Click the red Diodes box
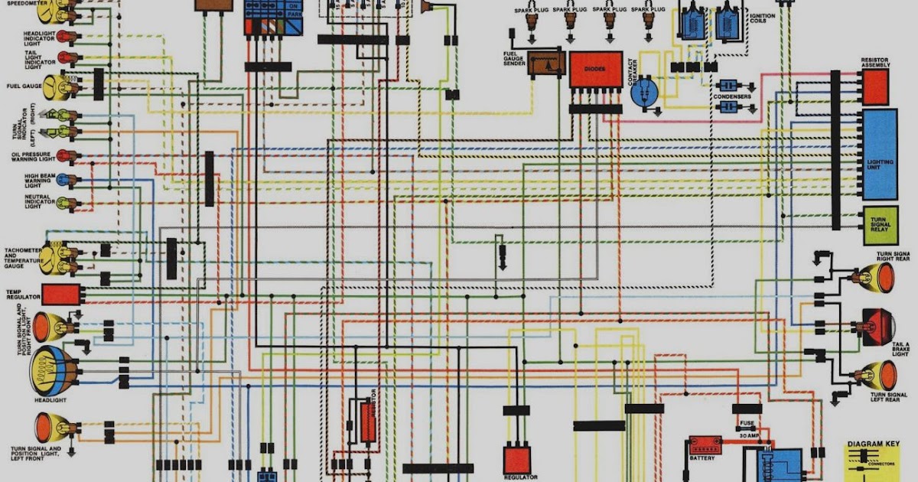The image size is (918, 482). [x=595, y=69]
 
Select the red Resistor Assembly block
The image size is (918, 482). [x=876, y=86]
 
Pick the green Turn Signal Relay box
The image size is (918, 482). [x=880, y=224]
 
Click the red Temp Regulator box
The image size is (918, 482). [x=61, y=295]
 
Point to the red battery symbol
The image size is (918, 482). [x=704, y=445]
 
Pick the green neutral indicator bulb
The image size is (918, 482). [x=67, y=204]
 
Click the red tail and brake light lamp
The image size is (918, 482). [x=878, y=327]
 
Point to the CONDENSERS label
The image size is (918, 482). [x=731, y=97]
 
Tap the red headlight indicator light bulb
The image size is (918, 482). [x=68, y=37]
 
